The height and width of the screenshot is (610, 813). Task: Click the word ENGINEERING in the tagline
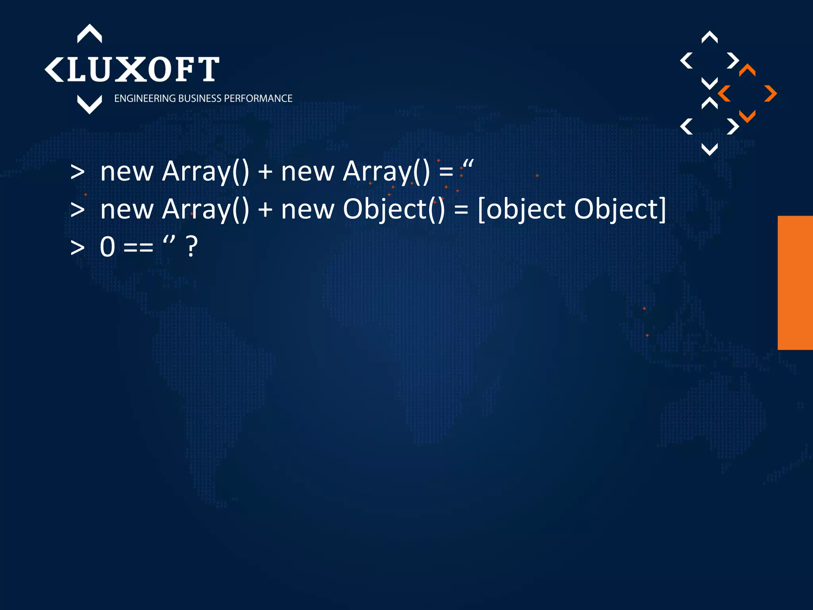tap(145, 98)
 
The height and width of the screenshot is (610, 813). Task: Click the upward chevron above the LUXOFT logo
tap(89, 33)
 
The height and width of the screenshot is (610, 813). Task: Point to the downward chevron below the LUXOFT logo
tap(89, 104)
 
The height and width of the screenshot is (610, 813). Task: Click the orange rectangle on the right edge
tap(795, 282)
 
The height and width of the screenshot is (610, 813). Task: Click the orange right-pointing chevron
tap(771, 94)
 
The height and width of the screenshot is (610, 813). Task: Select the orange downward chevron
tap(747, 116)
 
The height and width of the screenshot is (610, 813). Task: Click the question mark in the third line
tap(192, 247)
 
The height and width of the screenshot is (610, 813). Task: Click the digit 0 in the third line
tap(108, 247)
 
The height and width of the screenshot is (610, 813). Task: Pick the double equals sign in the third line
tap(138, 247)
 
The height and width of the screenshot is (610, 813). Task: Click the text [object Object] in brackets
tap(572, 209)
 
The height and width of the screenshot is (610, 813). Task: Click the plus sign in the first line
tap(265, 172)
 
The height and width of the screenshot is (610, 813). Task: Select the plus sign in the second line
tap(265, 210)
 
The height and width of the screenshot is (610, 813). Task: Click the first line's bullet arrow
tap(77, 172)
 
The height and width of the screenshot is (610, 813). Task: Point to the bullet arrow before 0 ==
tap(77, 247)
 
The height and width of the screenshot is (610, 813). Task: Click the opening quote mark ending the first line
tap(468, 164)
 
